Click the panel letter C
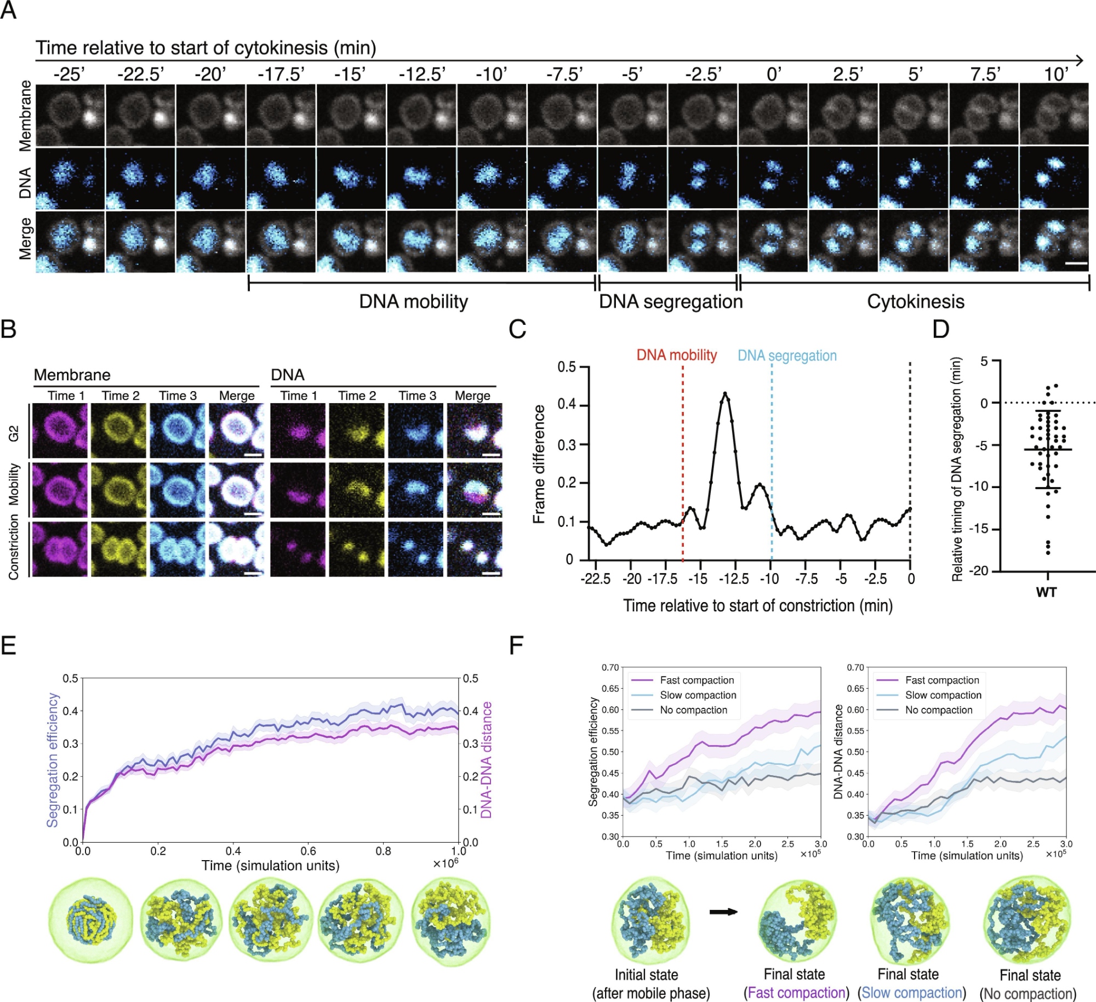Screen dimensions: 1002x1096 click(517, 329)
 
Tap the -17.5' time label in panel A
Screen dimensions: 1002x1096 click(281, 74)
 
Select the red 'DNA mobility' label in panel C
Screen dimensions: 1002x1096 click(676, 355)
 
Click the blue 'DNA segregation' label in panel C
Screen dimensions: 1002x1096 click(787, 356)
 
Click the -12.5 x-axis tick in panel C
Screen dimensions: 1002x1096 click(733, 579)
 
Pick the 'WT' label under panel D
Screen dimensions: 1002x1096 click(1046, 592)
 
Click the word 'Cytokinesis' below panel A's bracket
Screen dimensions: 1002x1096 click(915, 302)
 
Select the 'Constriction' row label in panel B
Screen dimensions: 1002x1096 click(14, 547)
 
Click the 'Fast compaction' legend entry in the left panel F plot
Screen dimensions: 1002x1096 click(697, 680)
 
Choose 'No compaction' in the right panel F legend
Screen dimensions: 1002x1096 click(938, 710)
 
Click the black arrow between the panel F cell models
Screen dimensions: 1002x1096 click(723, 912)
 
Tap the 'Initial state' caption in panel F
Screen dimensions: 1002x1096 click(646, 975)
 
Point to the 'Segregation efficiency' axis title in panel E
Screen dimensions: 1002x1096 click(53, 760)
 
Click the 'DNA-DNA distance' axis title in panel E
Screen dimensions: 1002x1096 click(486, 760)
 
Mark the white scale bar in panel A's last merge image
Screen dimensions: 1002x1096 click(1076, 264)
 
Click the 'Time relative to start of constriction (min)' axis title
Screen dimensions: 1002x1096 click(757, 605)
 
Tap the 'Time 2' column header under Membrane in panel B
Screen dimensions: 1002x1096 click(121, 396)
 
